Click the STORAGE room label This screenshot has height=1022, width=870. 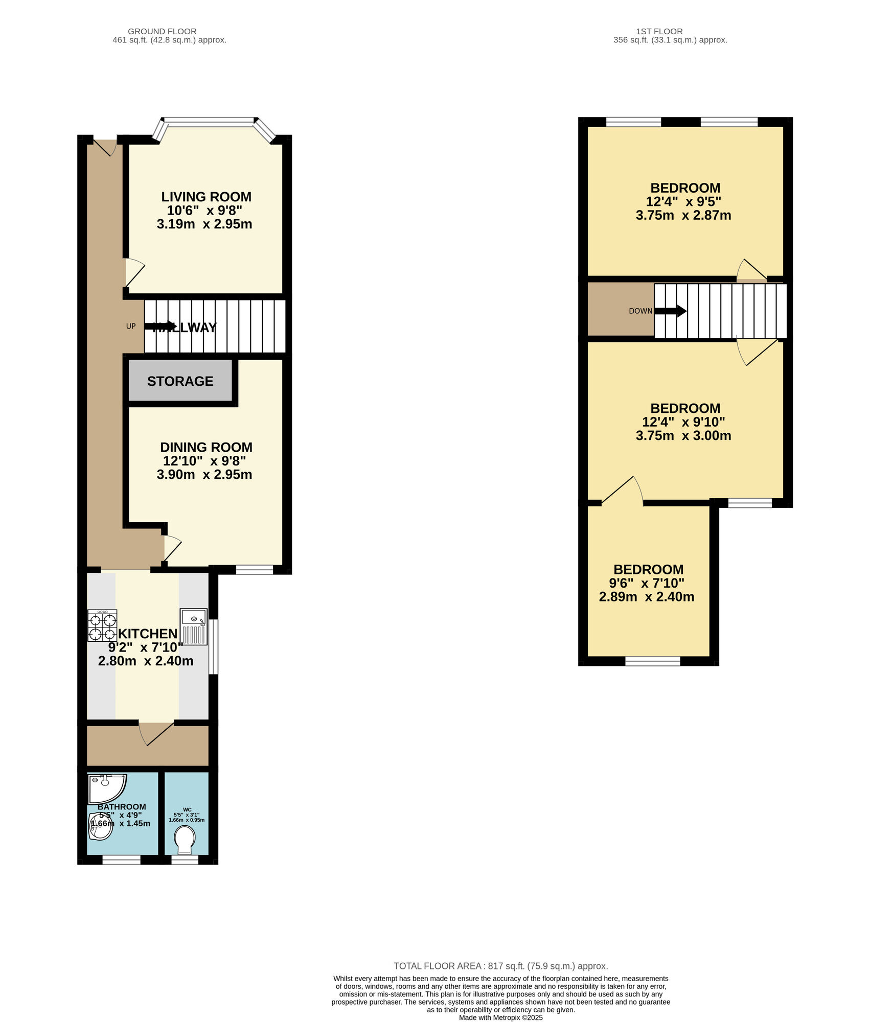point(180,381)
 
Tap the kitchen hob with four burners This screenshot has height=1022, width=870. point(102,625)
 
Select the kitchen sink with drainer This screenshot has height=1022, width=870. point(194,626)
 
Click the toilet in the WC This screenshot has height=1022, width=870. point(185,840)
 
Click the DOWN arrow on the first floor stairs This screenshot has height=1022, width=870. point(670,311)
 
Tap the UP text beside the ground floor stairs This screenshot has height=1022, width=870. point(131,326)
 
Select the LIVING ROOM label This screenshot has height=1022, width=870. point(206,197)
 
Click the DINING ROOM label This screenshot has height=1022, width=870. point(206,447)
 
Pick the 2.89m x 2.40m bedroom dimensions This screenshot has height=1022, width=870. point(646,597)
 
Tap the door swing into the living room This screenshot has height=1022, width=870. point(135,272)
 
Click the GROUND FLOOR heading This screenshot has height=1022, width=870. point(162,32)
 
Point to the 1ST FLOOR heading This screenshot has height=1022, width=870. point(659,32)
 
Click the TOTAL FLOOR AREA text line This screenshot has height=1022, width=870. point(500,966)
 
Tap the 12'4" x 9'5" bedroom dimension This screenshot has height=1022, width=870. point(683,201)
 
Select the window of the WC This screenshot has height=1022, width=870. point(185,861)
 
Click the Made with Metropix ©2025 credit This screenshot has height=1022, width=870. point(500,1017)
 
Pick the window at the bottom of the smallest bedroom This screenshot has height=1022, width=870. point(652,661)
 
